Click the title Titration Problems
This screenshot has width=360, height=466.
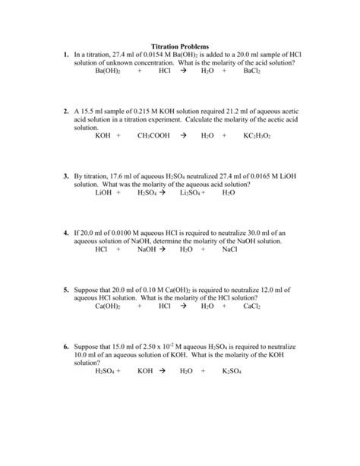[180, 47]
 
